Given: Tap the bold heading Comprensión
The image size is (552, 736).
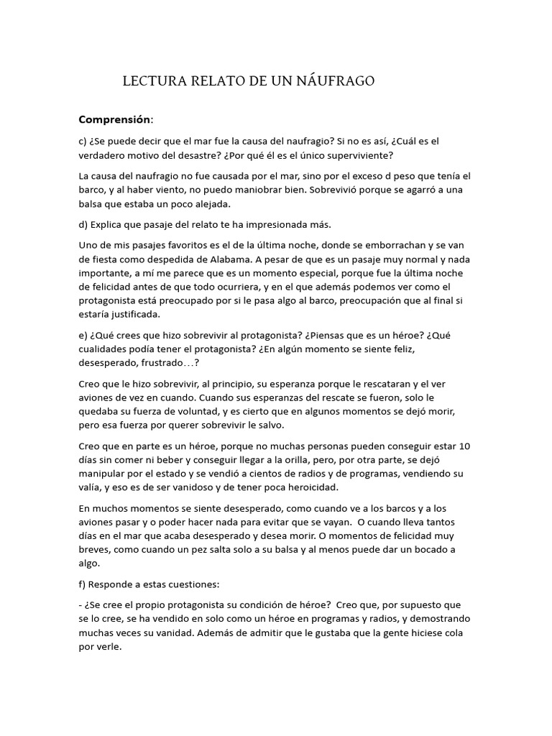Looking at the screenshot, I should pos(115,119).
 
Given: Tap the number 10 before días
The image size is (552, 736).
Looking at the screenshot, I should pos(464,446).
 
